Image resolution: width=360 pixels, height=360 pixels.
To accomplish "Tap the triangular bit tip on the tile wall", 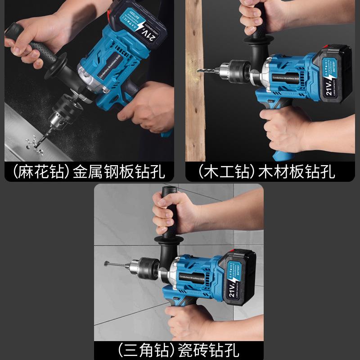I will (107, 263).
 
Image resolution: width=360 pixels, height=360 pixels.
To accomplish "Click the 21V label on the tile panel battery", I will (233, 285).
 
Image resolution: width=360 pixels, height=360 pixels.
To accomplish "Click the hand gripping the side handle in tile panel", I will (171, 211).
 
